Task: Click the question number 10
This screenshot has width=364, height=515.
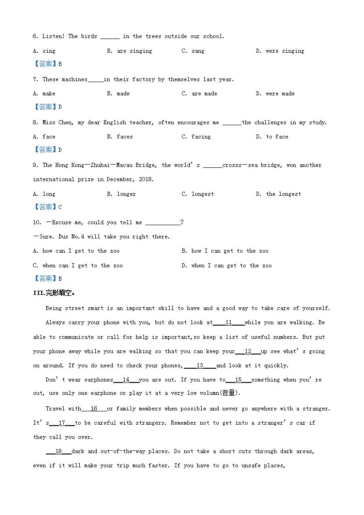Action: click(x=37, y=222)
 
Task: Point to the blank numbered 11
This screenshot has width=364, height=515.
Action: click(x=228, y=322)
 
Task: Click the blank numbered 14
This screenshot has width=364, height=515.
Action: click(x=126, y=380)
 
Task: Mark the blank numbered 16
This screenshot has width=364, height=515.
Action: click(x=94, y=409)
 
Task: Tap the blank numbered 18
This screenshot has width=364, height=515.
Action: click(x=59, y=451)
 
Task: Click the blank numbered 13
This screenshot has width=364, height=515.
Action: click(x=200, y=365)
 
